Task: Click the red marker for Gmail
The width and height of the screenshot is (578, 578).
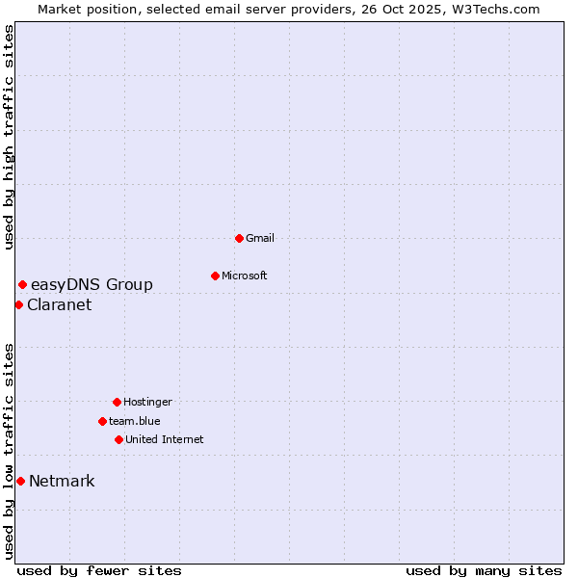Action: (239, 238)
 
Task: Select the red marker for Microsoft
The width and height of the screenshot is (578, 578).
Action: (215, 276)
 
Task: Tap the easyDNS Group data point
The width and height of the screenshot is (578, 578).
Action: (22, 284)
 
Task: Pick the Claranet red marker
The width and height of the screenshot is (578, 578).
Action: (18, 304)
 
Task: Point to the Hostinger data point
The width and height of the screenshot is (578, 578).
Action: (117, 402)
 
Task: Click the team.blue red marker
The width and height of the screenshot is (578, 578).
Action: (102, 421)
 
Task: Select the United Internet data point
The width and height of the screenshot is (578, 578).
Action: (118, 439)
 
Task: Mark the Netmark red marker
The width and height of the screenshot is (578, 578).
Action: (20, 481)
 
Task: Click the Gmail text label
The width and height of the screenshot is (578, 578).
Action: (260, 238)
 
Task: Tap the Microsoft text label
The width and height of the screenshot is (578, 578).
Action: (245, 276)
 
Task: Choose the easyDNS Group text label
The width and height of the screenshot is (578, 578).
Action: (92, 284)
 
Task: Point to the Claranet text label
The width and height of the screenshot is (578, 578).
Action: (60, 304)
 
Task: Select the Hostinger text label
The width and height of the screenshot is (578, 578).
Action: (147, 402)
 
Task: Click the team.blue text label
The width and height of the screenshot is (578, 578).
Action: (135, 421)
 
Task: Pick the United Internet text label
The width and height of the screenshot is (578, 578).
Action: (165, 439)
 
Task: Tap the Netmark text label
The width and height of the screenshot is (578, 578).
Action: (62, 481)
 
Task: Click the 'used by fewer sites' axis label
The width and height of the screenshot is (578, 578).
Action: (99, 570)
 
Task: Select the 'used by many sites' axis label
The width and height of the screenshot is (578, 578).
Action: (484, 570)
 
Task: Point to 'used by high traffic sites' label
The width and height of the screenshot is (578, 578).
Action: (9, 137)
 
